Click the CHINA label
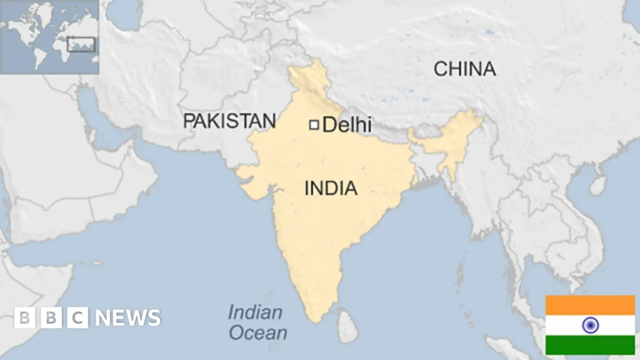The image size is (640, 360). pos(465,69)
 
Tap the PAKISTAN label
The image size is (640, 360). pos(229,121)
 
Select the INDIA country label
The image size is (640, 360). pos(331,187)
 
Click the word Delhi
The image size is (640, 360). pos(347,124)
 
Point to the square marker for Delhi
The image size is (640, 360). pos(314,125)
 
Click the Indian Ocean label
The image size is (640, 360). pos(256,322)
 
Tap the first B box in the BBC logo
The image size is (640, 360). pos(24,317)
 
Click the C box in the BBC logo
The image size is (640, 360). pos(77,317)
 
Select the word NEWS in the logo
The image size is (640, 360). pos(127,317)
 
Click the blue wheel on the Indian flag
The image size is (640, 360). pos(590,325)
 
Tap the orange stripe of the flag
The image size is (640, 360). pos(590,305)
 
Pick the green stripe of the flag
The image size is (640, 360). pos(590,345)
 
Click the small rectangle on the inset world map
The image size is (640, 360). pos(81,44)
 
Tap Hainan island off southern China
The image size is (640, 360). pos(598,184)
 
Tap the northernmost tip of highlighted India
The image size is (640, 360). pos(306,62)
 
